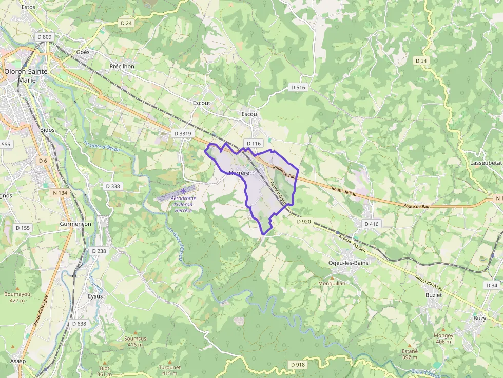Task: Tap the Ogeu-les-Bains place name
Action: click(x=348, y=263)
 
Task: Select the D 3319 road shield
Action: click(x=182, y=133)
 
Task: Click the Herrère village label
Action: click(x=239, y=173)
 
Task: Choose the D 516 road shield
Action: click(x=298, y=87)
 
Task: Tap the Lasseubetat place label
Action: click(x=486, y=162)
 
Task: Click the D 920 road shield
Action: click(x=304, y=222)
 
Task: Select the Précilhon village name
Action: click(x=122, y=66)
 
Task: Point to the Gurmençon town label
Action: click(x=75, y=224)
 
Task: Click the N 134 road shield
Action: click(x=60, y=193)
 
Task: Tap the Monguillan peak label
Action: click(x=332, y=283)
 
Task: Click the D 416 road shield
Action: click(x=371, y=224)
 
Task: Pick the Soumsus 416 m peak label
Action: click(x=136, y=341)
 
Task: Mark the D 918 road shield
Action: click(x=297, y=364)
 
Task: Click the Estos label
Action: click(x=29, y=7)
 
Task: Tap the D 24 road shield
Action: click(x=126, y=23)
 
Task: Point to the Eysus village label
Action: click(x=95, y=296)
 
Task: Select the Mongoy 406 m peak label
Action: click(x=443, y=338)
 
